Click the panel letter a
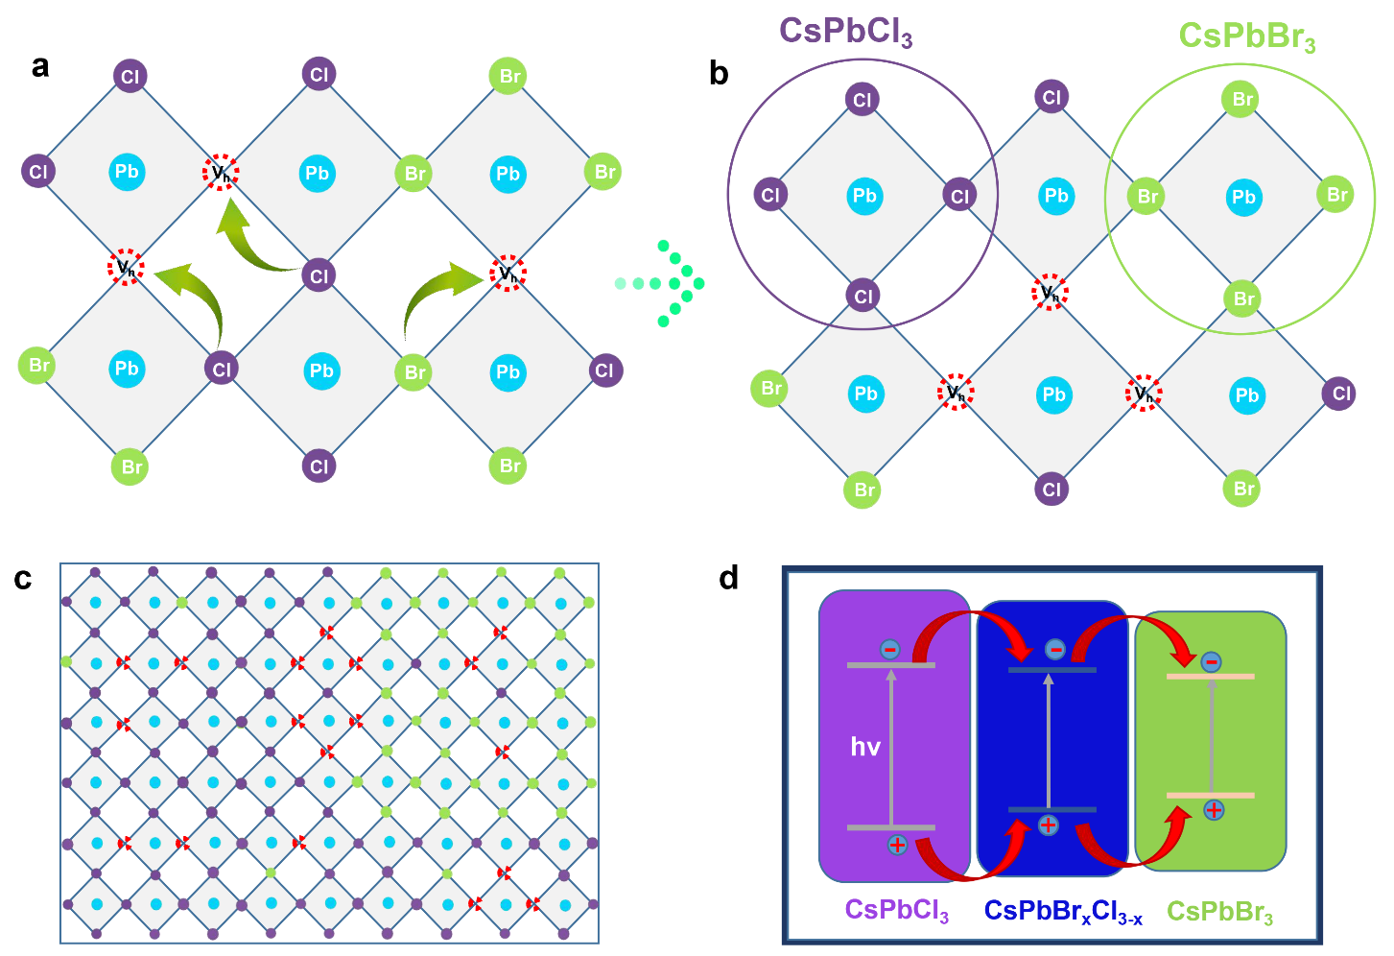40,66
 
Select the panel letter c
23,579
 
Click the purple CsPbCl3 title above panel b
846,31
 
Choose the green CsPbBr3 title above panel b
1247,36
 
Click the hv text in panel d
865,746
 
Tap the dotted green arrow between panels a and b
660,283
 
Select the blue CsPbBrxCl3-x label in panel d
1063,911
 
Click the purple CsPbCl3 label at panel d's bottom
897,911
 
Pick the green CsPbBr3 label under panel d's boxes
1219,912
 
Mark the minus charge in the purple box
890,650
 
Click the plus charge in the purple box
897,846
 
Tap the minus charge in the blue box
1054,650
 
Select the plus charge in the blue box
1049,825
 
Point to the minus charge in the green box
1211,661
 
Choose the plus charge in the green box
1215,810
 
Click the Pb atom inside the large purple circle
864,196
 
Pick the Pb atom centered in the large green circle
1243,198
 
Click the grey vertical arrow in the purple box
891,748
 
